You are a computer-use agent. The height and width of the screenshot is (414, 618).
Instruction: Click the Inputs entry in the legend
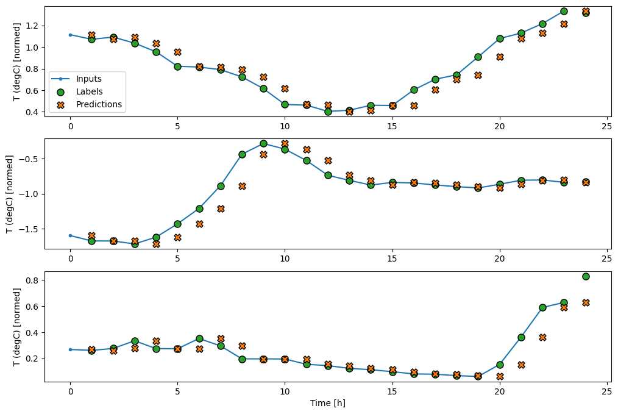88,79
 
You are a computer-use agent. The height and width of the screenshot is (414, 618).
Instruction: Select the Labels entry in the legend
90,92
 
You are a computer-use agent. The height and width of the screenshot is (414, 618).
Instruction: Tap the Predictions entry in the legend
99,104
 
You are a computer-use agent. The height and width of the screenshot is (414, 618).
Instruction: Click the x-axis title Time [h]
328,402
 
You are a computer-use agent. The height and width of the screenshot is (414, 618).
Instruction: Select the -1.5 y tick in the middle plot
27,229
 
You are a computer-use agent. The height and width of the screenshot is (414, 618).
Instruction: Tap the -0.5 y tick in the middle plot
27,159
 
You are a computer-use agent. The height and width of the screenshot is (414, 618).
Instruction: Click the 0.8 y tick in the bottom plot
30,280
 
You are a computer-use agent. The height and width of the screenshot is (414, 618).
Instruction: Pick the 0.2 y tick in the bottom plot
30,359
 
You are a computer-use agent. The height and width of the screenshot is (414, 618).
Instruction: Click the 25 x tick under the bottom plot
607,391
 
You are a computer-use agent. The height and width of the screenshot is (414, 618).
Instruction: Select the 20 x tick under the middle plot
500,258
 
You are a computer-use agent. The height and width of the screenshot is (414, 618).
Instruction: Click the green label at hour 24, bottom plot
586,276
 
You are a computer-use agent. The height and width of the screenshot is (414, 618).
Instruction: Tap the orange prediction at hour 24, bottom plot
586,302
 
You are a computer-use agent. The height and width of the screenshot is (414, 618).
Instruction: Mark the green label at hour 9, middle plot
263,143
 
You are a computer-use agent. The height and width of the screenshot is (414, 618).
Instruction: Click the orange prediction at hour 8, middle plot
242,186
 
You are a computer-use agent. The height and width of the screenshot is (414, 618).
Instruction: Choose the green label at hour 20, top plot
500,38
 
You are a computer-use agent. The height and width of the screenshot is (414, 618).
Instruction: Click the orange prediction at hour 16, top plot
414,105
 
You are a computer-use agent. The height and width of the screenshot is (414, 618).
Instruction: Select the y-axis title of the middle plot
10,193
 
